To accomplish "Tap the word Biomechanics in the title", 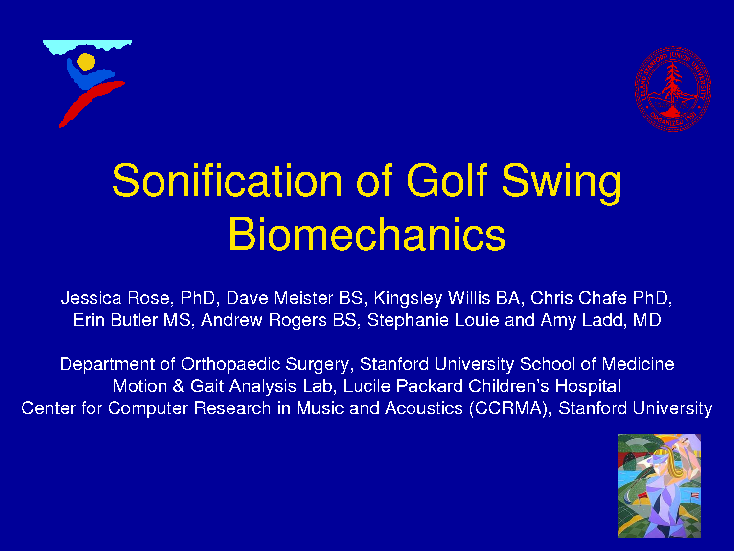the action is coord(367,234).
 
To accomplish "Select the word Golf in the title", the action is coord(447,180).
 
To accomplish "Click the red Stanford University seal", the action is coord(673,89).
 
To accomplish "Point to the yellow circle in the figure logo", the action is coord(86,62).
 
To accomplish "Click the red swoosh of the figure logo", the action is coord(92,104).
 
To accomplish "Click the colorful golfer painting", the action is coord(659,486).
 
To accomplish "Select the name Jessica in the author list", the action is coord(91,298).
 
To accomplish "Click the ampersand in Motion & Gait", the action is coord(179,386).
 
